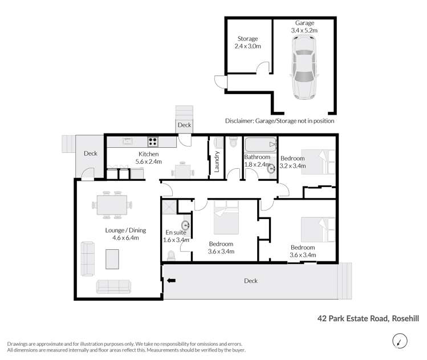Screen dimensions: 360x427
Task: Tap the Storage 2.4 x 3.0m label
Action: coord(247,43)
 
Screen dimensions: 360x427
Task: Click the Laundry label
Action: coord(217,161)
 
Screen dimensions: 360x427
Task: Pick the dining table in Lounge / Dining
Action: coord(112,205)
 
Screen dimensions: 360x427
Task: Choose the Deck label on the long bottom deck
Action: coord(250,281)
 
